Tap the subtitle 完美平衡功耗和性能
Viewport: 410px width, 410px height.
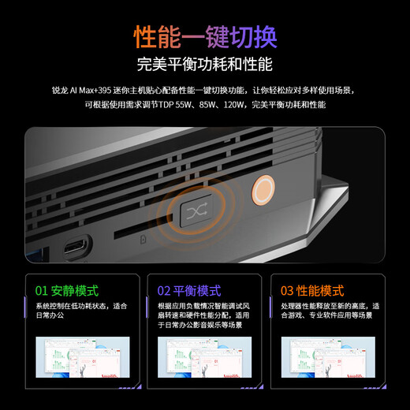tap(205, 65)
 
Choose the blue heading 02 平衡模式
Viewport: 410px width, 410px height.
tap(189, 291)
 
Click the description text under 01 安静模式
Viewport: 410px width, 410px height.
tap(80, 311)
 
